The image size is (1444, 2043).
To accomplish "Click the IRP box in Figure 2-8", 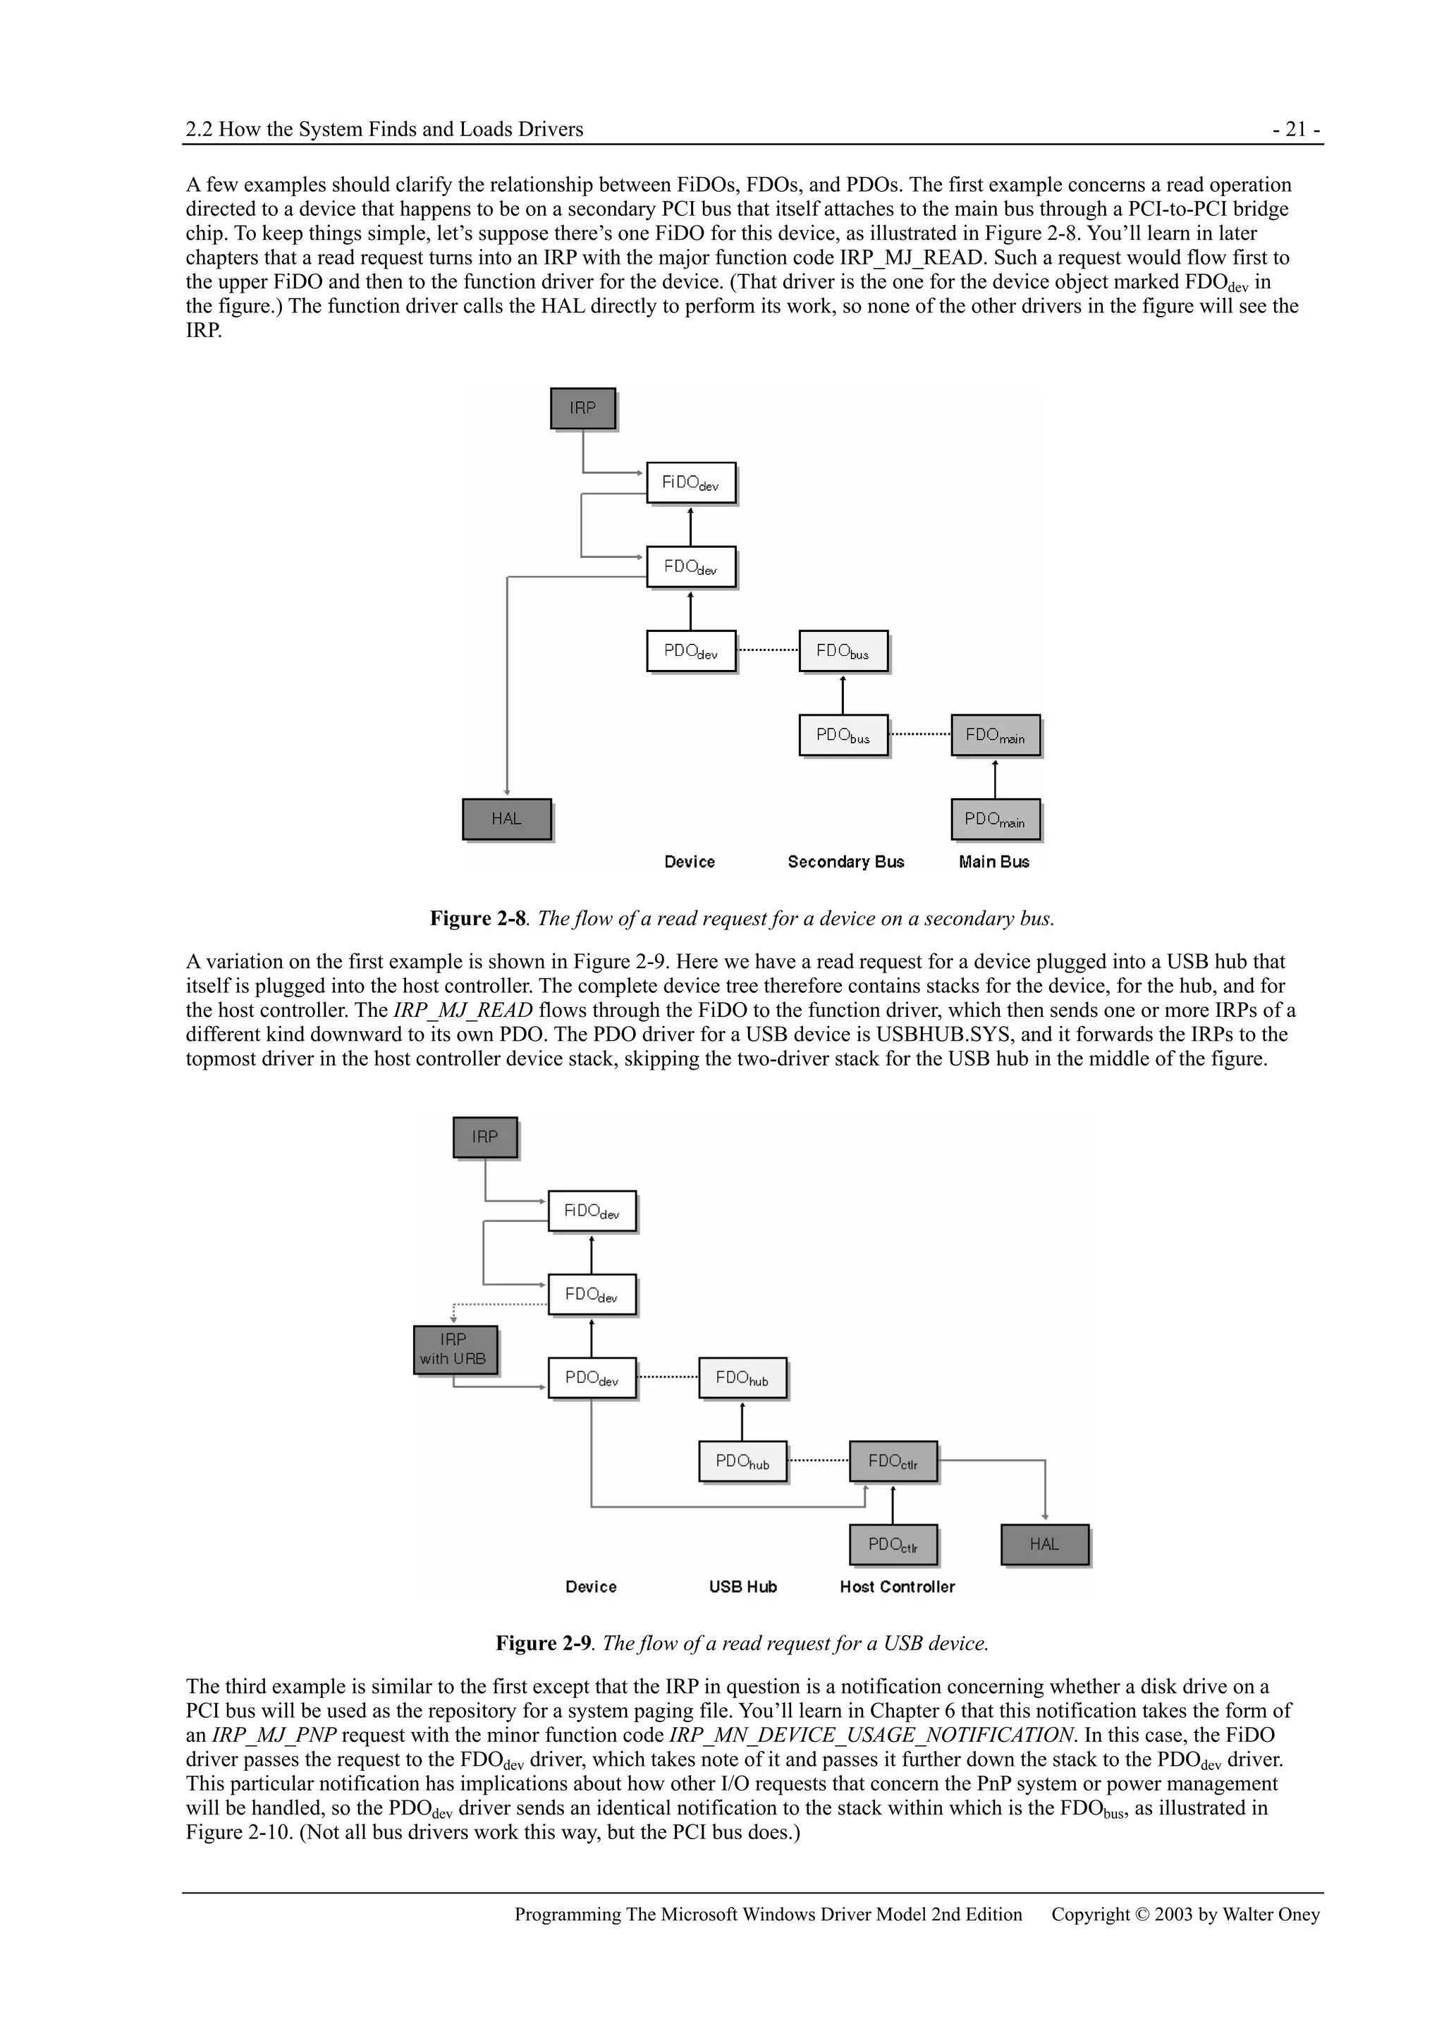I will click(x=583, y=408).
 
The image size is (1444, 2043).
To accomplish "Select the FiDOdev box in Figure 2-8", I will click(x=690, y=483).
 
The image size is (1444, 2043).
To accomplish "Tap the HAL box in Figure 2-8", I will click(x=506, y=819).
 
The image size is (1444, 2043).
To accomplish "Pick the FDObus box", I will click(x=843, y=652).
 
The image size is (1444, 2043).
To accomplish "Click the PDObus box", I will click(x=843, y=736).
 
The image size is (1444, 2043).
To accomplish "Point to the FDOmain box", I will click(x=995, y=736).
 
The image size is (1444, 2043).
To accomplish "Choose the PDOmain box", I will click(x=995, y=819).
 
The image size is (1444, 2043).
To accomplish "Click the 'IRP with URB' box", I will click(x=455, y=1350).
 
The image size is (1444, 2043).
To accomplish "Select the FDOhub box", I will click(x=742, y=1378).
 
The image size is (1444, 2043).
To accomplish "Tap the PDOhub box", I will click(x=742, y=1462).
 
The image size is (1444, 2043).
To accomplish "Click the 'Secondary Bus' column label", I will click(x=845, y=862).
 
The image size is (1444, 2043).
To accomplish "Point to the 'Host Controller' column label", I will click(x=897, y=1587).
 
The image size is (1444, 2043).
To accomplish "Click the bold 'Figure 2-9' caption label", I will click(x=543, y=1643).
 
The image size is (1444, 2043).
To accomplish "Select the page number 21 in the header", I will click(x=1297, y=130).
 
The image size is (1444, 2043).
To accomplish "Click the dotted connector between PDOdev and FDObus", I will click(x=768, y=650).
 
